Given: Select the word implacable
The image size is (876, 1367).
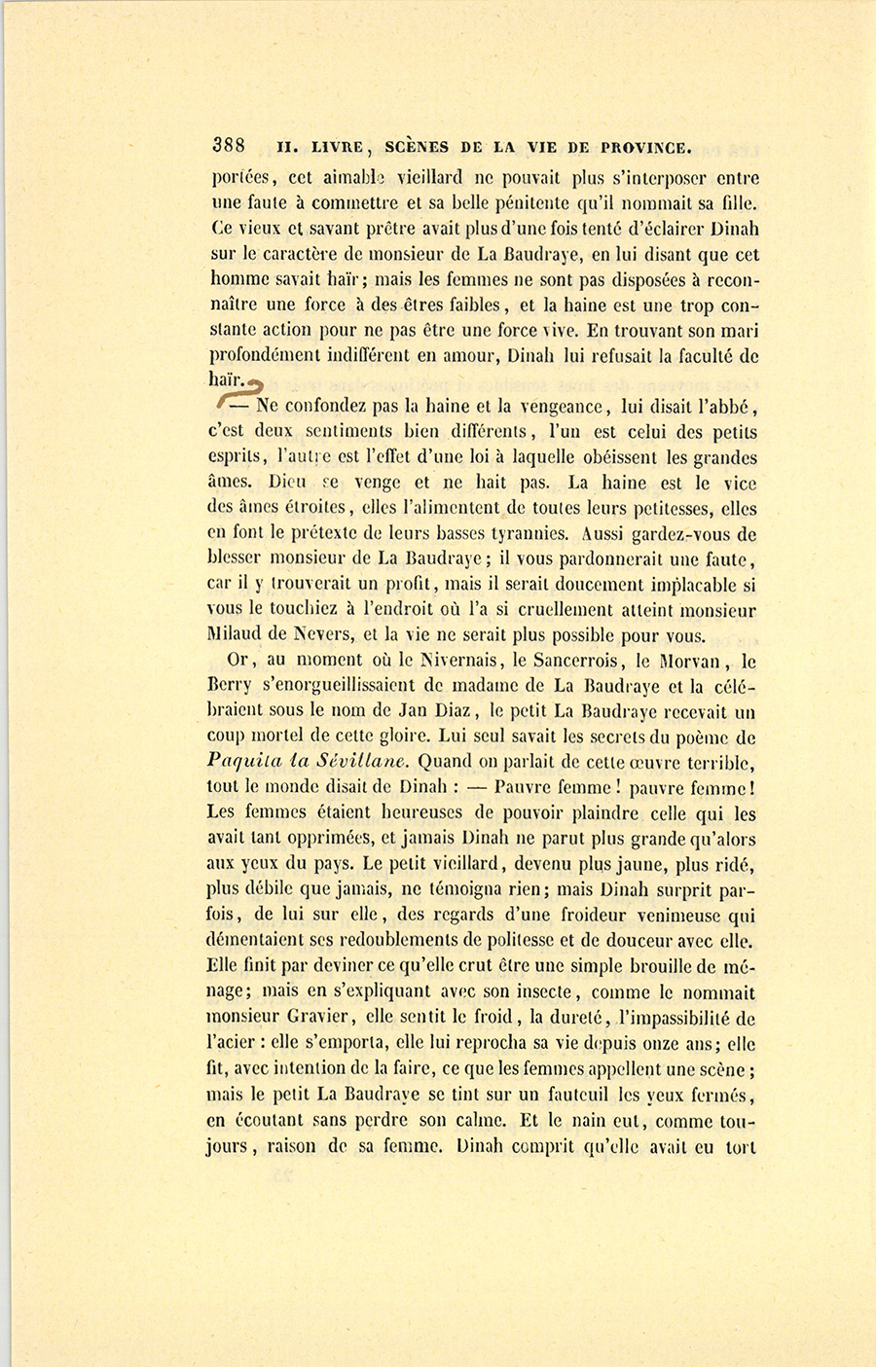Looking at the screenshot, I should click(696, 585).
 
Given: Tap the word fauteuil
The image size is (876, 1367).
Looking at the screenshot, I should click(579, 1095).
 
